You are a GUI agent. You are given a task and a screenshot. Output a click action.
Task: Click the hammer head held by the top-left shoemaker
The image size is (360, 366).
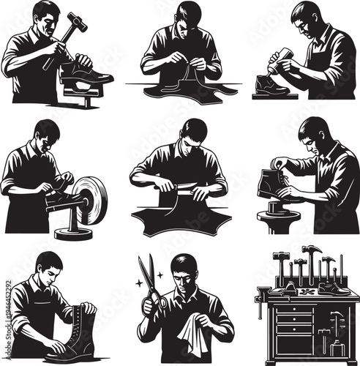(x=75, y=23)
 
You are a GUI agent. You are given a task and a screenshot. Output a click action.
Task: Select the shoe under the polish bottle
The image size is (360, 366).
(x=273, y=86)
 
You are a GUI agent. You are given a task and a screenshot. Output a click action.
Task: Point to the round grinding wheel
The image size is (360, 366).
(x=91, y=199)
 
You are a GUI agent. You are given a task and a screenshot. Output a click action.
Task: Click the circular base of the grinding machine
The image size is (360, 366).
(x=73, y=234)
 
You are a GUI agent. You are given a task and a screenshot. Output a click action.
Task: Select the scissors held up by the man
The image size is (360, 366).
(x=153, y=285)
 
